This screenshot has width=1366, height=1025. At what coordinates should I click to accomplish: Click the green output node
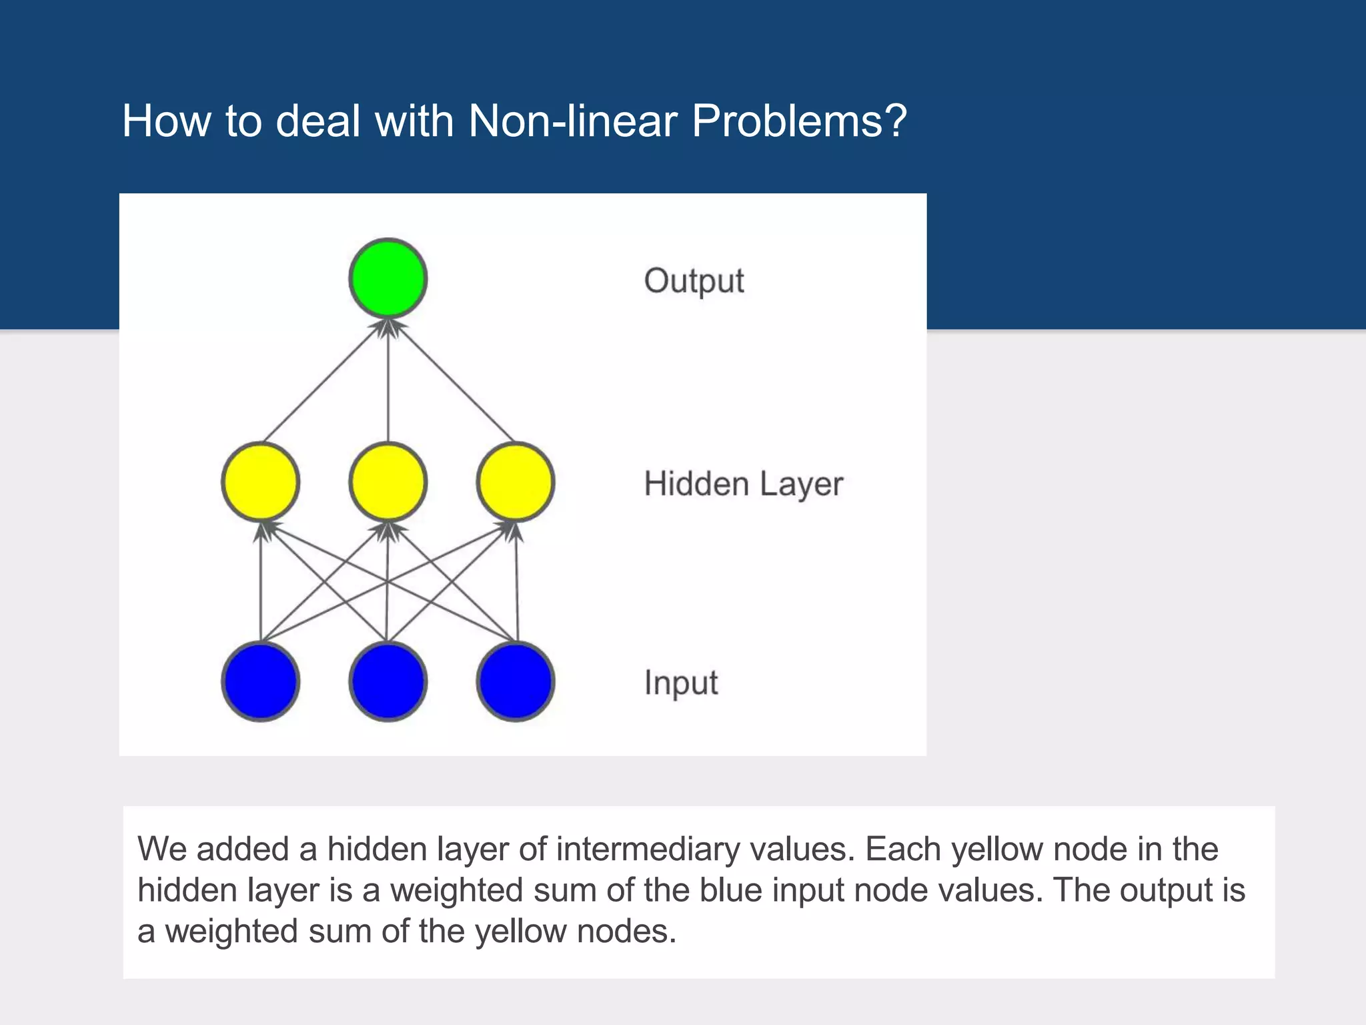(x=388, y=278)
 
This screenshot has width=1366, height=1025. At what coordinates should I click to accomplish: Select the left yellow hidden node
(x=260, y=482)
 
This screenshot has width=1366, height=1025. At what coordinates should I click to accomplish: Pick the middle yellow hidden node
(x=388, y=482)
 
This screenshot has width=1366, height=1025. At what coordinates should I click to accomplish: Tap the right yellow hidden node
(x=516, y=482)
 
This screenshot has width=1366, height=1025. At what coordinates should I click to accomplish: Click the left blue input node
(x=260, y=681)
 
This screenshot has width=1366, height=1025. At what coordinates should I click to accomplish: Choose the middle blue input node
(x=388, y=681)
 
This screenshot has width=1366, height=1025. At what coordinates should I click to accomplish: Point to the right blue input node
(x=516, y=681)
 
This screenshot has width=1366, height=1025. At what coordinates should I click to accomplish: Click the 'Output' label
(x=694, y=281)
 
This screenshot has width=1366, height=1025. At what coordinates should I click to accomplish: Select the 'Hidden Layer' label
(x=743, y=484)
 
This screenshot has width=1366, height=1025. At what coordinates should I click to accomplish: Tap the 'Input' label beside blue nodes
(x=681, y=683)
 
